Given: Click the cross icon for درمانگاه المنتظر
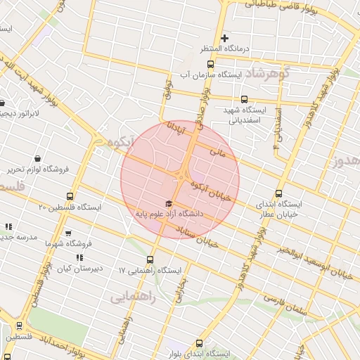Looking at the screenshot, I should click(224, 38).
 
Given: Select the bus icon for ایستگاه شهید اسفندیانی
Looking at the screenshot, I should click(244, 100).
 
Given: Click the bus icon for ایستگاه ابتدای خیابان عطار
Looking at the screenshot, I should click(279, 193).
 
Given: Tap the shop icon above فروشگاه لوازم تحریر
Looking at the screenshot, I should click(46, 159).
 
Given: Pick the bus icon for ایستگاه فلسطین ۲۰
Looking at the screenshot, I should click(69, 196).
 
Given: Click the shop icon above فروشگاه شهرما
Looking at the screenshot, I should click(68, 233).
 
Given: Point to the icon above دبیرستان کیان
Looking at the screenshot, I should click(79, 258).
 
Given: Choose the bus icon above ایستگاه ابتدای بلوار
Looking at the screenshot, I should click(200, 344).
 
